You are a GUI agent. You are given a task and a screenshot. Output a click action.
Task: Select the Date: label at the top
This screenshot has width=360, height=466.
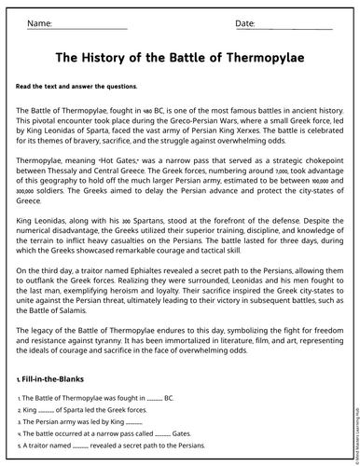244,22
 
